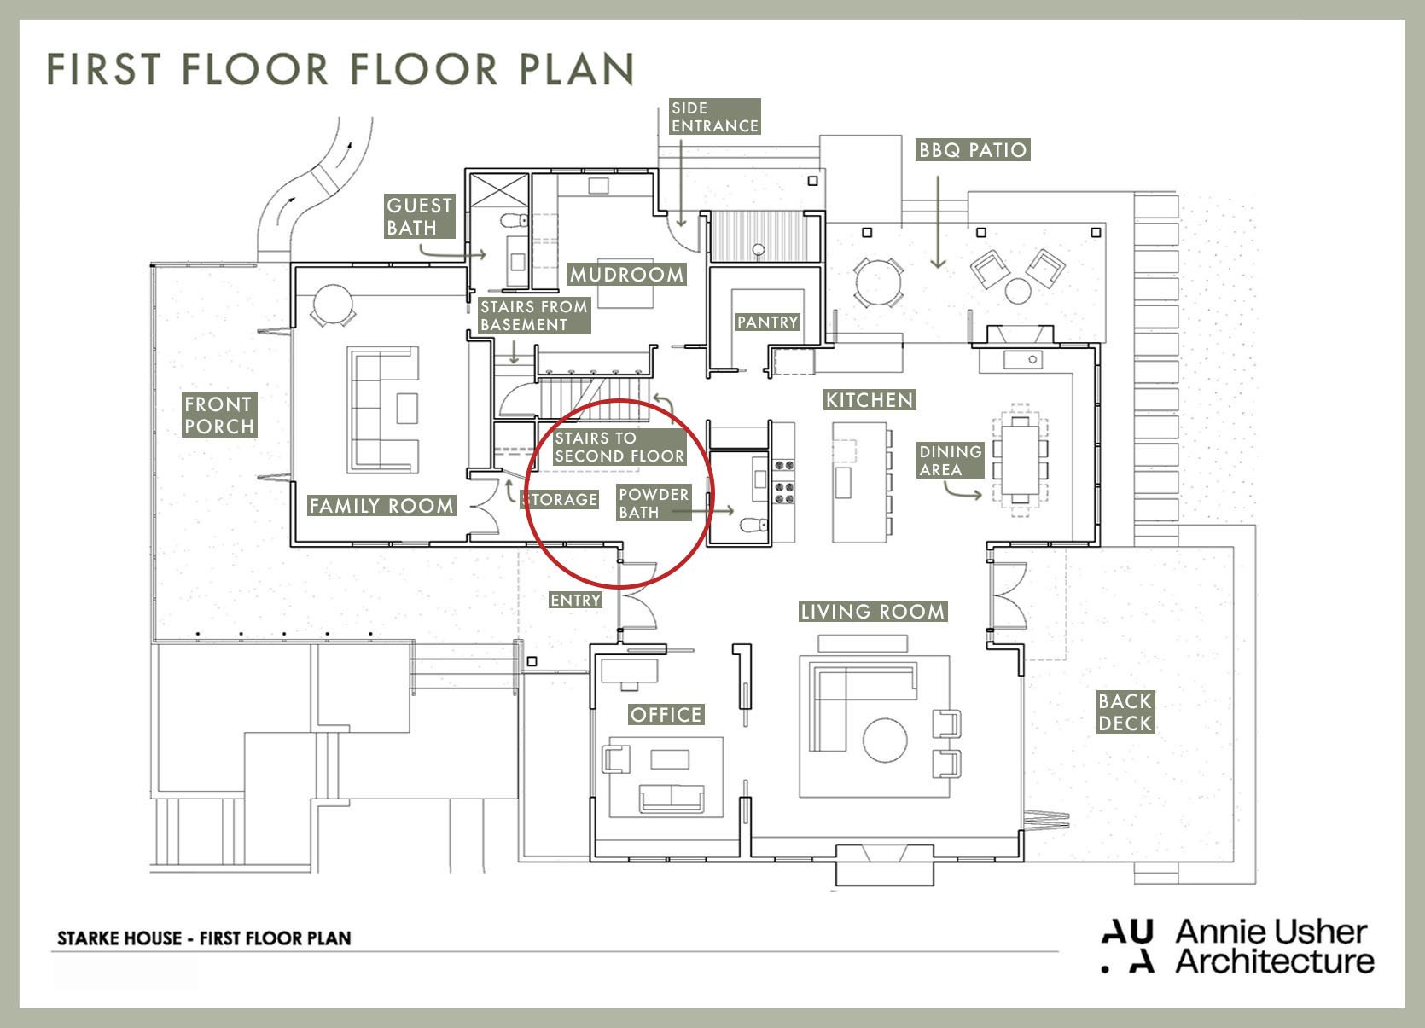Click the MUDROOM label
626,275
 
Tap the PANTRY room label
767,322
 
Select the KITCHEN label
870,400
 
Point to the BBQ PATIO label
973,150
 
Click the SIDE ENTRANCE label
715,116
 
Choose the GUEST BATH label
419,217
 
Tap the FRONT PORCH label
219,415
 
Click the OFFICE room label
666,714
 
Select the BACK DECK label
1125,711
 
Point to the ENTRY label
575,600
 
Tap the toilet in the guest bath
514,221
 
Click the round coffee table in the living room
885,740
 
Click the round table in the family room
333,305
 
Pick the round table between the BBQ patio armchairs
1018,291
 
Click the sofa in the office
672,799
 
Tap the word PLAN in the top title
576,69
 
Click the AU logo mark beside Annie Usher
1127,947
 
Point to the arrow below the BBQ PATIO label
938,223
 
